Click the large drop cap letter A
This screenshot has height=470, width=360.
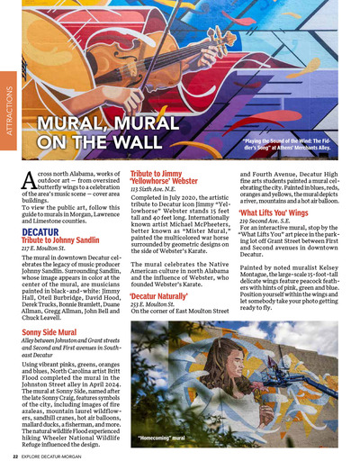27,179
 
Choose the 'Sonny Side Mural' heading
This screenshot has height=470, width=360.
54,333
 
